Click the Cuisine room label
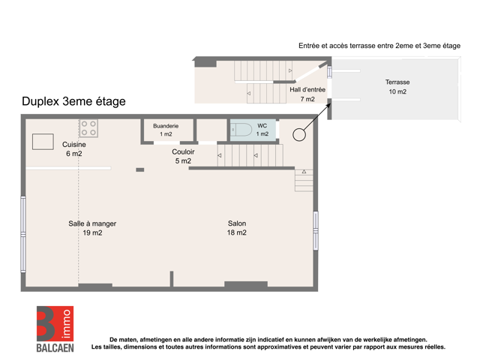tap(74, 148)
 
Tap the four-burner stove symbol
tap(88, 128)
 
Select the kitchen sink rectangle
tap(43, 142)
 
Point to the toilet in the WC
tap(241, 130)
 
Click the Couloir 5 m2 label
tap(183, 156)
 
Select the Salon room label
tap(237, 228)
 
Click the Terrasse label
tap(397, 82)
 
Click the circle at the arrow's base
tap(299, 135)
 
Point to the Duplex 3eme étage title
tap(73, 101)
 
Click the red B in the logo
tap(46, 323)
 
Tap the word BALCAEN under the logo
tap(55, 348)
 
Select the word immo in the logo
tap(67, 324)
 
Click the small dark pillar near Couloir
tap(140, 169)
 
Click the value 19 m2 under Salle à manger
tap(92, 232)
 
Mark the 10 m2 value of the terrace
tap(397, 91)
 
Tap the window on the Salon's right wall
tap(316, 230)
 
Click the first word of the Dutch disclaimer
tap(113, 340)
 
